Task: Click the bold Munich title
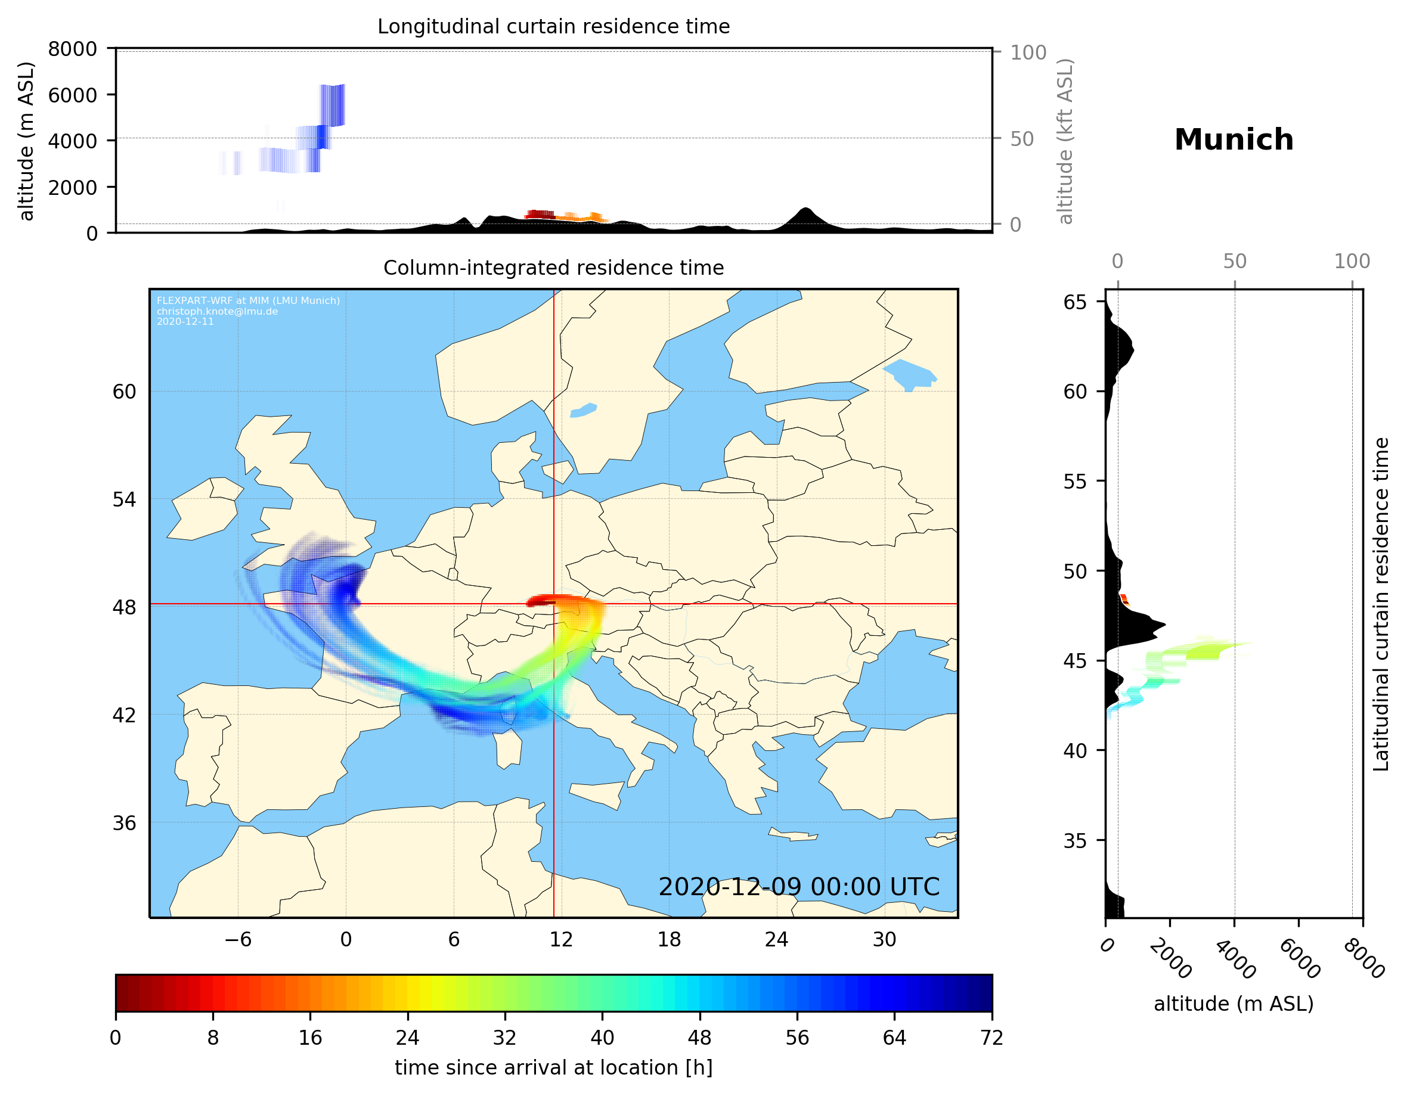tap(1233, 140)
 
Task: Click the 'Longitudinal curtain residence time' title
tap(553, 26)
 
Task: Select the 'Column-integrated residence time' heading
tap(553, 268)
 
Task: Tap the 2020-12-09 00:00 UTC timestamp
tap(799, 887)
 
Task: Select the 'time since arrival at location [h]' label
tap(553, 1067)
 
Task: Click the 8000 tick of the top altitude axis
tap(72, 49)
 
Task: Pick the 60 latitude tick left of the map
tap(124, 392)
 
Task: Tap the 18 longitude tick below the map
tap(669, 939)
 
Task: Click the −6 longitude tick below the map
tap(237, 939)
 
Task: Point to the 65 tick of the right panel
tap(1075, 302)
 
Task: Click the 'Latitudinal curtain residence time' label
tap(1380, 604)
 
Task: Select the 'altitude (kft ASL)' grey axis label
tap(1065, 141)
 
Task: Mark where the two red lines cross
tap(553, 604)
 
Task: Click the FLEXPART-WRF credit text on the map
tap(248, 301)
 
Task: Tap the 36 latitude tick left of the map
tap(124, 823)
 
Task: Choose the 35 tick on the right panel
tap(1075, 840)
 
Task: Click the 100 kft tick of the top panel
tap(1028, 52)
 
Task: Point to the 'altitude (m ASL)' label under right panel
tap(1233, 1004)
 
